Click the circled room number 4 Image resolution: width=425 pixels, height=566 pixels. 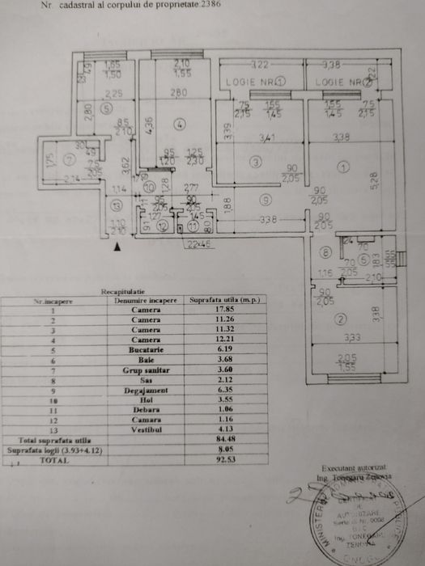click(x=178, y=124)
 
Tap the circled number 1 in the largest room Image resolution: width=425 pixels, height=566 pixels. click(x=342, y=168)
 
